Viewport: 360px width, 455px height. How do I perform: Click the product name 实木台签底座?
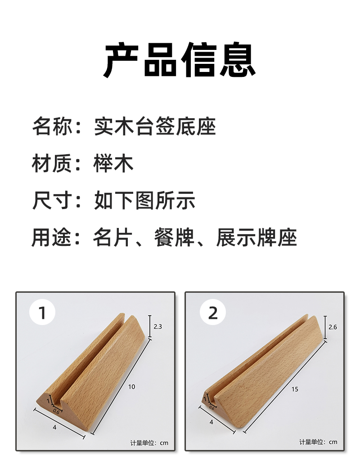click(x=155, y=126)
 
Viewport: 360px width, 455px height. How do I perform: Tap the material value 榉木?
click(x=113, y=163)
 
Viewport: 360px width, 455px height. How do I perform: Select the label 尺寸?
click(x=52, y=200)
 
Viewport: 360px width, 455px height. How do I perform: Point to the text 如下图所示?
click(x=144, y=200)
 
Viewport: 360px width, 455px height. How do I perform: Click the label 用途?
click(x=52, y=237)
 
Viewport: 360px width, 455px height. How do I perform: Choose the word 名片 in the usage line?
click(x=113, y=237)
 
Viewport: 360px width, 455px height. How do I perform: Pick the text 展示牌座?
click(x=256, y=237)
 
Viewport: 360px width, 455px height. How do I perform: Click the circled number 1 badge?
click(x=42, y=312)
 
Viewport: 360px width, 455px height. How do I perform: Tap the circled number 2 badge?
click(x=213, y=312)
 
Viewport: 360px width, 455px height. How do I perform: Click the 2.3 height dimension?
click(x=157, y=327)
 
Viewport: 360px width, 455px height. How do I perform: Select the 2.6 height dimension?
click(x=333, y=327)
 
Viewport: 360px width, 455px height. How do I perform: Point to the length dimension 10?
click(x=131, y=387)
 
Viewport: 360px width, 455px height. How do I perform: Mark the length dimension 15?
click(x=295, y=389)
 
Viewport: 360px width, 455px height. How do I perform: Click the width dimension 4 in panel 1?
click(x=54, y=427)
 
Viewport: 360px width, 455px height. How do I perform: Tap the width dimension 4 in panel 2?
click(x=211, y=422)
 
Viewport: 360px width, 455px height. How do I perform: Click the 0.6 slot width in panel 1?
click(x=56, y=411)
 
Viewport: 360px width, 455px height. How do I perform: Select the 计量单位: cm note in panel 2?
click(x=319, y=442)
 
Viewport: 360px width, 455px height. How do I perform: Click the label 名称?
click(x=52, y=126)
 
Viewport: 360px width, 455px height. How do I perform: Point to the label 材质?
click(x=52, y=163)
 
